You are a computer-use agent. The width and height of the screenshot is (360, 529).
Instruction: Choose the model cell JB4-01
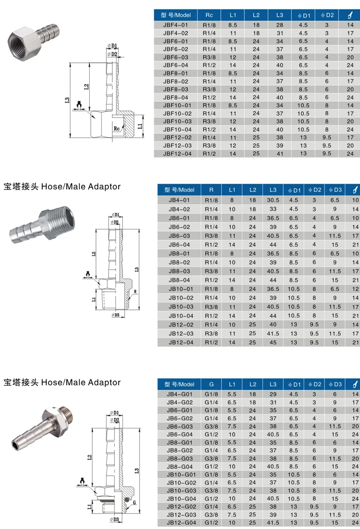[x=179, y=200]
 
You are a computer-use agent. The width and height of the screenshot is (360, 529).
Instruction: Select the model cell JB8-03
[x=179, y=271]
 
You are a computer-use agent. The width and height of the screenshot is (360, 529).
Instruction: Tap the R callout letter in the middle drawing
[x=135, y=292]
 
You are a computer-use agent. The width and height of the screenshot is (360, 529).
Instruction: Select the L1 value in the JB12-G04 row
[x=232, y=523]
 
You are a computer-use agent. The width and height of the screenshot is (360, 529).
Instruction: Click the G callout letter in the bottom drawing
[x=135, y=502]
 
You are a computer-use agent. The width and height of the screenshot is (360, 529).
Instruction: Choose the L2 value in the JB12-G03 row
[x=252, y=515]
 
